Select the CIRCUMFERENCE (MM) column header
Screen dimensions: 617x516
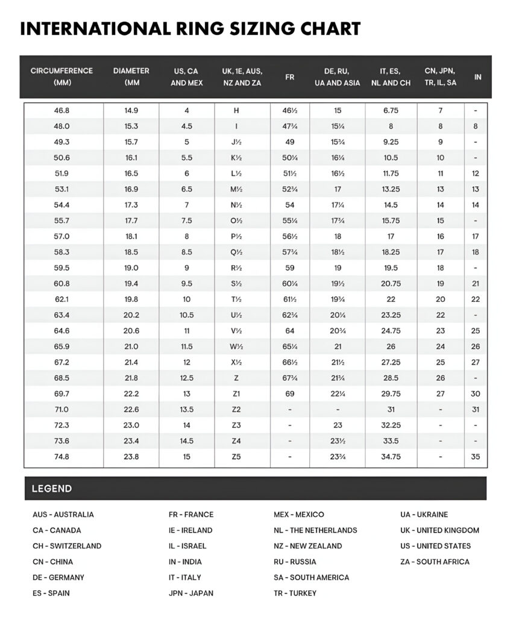click(61, 77)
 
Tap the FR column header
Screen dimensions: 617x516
click(289, 77)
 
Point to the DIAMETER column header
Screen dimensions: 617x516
click(131, 77)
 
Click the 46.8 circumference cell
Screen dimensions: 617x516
click(61, 111)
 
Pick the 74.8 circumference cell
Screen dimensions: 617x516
click(61, 457)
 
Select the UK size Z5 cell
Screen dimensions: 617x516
click(236, 457)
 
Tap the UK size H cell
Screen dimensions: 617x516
click(236, 111)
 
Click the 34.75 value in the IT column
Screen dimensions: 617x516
click(391, 457)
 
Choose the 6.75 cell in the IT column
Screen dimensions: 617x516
click(391, 111)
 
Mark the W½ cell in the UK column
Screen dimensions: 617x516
click(236, 346)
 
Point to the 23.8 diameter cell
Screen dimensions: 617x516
click(131, 457)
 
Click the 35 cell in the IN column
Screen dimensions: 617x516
click(476, 457)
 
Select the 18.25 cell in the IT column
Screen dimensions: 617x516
click(391, 252)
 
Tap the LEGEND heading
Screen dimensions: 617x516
click(52, 489)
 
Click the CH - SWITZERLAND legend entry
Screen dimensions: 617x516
click(67, 546)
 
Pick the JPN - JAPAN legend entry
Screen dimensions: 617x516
click(190, 593)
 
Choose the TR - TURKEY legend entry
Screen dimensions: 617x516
click(295, 593)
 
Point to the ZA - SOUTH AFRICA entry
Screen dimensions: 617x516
click(435, 562)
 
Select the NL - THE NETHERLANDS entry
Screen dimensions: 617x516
click(315, 530)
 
